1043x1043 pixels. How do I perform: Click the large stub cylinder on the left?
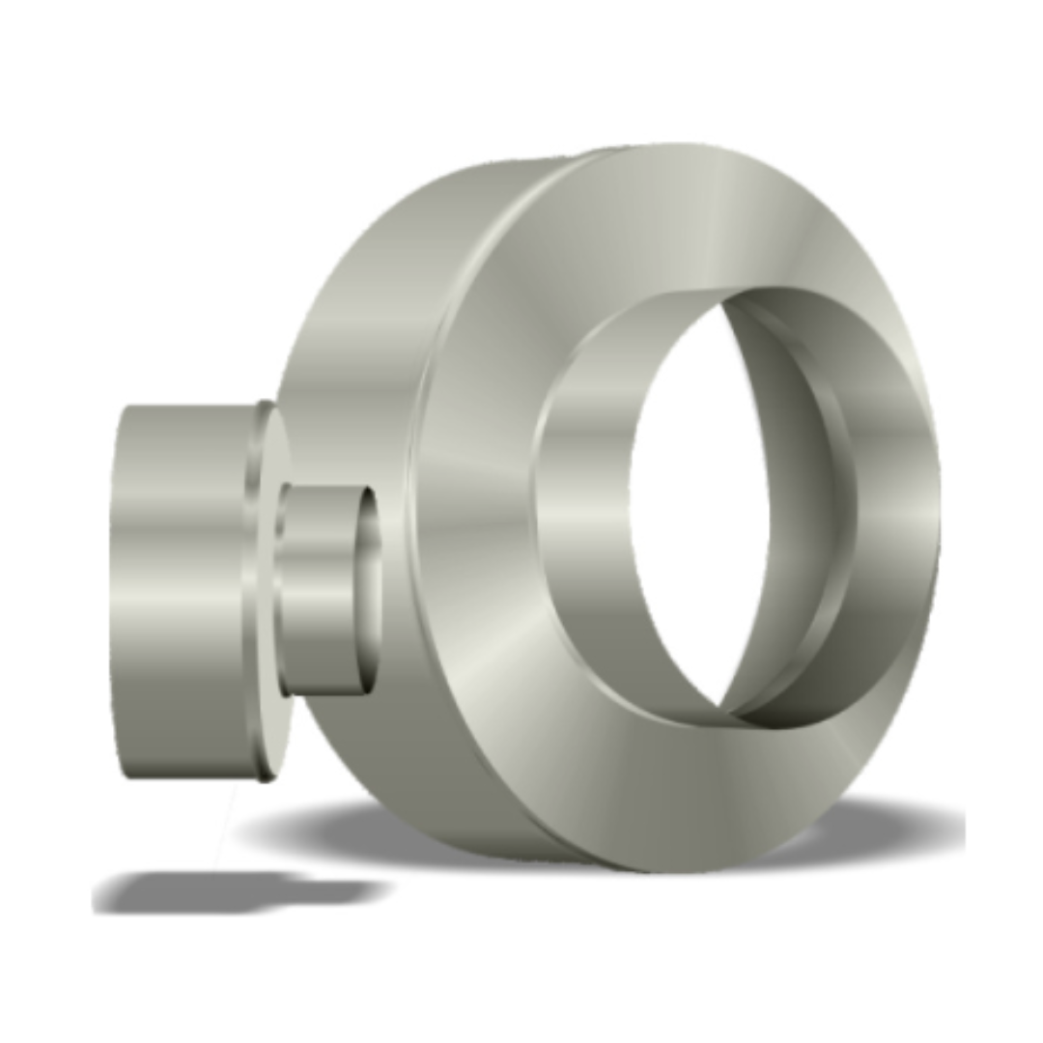pyautogui.click(x=179, y=589)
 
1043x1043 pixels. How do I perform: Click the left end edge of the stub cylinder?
pyautogui.click(x=116, y=589)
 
